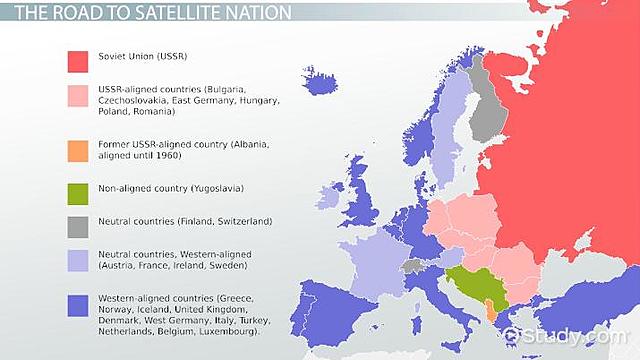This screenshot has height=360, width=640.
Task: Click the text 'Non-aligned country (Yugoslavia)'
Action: [171, 188]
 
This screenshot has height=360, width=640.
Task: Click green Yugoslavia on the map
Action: [469, 286]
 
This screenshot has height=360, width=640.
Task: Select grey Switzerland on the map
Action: [412, 267]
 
